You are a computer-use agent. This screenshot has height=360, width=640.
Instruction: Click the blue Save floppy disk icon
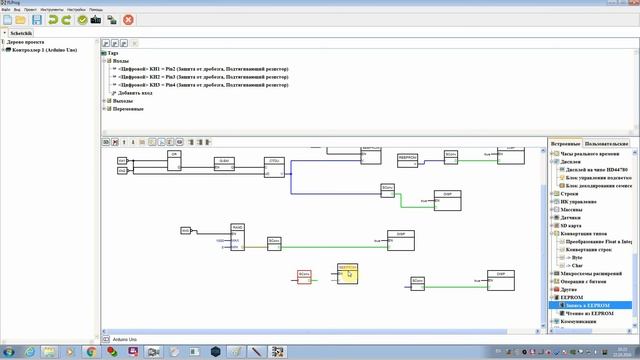[37, 19]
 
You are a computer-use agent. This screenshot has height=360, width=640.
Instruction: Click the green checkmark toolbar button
[81, 19]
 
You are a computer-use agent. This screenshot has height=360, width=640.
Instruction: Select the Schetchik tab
[23, 32]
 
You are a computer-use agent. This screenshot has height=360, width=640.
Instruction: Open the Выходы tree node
[122, 100]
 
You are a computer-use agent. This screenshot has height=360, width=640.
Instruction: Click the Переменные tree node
[128, 108]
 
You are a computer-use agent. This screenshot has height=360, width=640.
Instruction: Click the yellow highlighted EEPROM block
[347, 272]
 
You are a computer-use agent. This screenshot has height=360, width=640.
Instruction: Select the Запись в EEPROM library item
[587, 305]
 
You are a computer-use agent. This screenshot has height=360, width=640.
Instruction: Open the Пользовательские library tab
[607, 145]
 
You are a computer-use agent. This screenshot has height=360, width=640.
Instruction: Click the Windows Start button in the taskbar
[9, 352]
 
